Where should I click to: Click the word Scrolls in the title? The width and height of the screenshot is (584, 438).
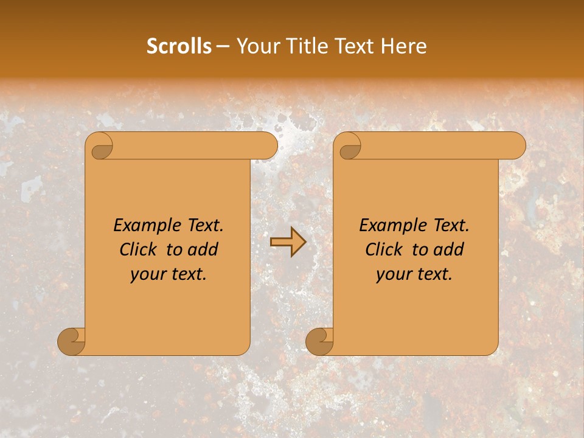coord(179,46)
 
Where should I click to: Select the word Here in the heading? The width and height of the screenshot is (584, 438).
coord(404,46)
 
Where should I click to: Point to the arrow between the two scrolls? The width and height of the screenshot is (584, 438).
coord(288,242)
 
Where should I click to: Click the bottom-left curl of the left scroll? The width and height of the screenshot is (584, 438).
coord(71,341)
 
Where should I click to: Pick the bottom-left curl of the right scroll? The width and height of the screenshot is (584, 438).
coord(319,341)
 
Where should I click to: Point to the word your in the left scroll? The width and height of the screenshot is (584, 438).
coord(147,274)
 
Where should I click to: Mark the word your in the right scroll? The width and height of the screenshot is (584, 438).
coord(392,274)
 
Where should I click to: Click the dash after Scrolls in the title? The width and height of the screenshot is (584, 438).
coord(223,47)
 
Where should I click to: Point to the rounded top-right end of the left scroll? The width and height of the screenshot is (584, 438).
coord(268,146)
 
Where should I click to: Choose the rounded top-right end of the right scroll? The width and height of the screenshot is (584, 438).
coord(516,146)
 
